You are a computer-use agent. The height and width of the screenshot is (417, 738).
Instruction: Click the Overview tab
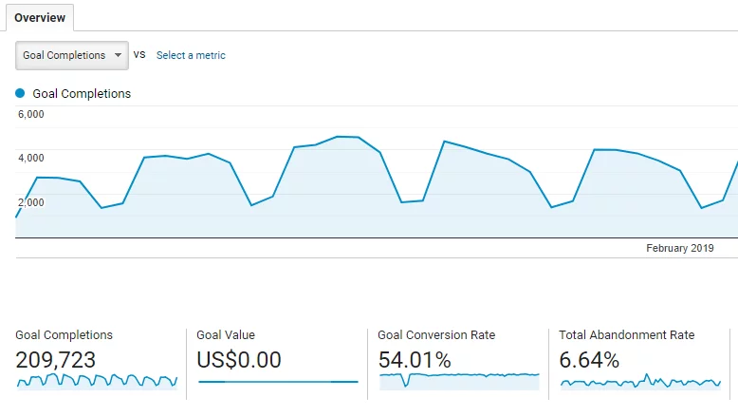(40, 18)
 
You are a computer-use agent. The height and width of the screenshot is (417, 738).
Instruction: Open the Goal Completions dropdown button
(72, 55)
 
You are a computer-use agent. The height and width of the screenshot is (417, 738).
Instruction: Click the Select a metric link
(191, 55)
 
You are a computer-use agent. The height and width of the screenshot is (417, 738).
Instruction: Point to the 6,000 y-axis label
(31, 115)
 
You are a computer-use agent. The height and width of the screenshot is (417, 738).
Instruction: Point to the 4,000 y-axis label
(31, 158)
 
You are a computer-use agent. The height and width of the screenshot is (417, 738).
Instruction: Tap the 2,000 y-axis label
(31, 201)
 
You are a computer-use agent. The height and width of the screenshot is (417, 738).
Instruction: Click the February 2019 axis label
(679, 248)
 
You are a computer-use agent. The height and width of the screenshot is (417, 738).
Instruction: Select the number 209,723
(56, 360)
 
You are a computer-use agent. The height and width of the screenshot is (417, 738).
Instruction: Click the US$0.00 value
(239, 360)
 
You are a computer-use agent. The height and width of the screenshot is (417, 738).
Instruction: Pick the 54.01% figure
(415, 360)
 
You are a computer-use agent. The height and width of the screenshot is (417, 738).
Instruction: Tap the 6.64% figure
(589, 360)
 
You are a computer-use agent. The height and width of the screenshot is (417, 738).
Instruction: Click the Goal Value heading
(226, 334)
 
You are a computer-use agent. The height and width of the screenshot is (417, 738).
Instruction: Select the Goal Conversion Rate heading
(436, 334)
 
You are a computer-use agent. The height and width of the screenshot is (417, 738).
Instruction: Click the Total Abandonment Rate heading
(627, 334)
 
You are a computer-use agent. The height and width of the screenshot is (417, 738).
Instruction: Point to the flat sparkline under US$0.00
(278, 382)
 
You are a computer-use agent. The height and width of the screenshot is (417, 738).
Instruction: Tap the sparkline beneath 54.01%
(459, 379)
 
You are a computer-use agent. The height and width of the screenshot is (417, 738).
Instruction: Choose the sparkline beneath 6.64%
(640, 382)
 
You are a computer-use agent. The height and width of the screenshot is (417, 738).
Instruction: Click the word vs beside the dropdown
(139, 55)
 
